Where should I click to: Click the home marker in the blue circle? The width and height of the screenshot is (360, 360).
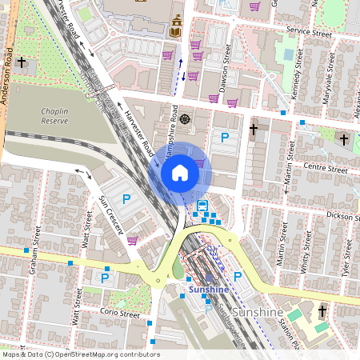click(x=180, y=172)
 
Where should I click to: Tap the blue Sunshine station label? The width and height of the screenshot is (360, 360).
click(x=208, y=289)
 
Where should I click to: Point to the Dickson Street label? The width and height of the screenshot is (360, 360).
click(x=339, y=216)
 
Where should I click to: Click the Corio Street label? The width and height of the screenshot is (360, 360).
click(x=120, y=314)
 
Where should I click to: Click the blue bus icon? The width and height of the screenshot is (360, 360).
click(x=201, y=206)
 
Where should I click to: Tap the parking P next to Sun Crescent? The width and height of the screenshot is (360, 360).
click(x=125, y=198)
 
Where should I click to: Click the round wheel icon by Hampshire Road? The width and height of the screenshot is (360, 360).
click(x=186, y=119)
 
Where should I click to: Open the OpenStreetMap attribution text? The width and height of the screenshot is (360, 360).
click(x=80, y=354)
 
